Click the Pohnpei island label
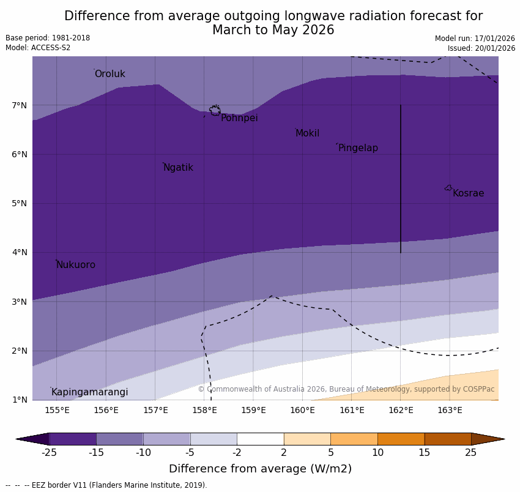pyautogui.click(x=239, y=118)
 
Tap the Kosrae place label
pyautogui.click(x=468, y=193)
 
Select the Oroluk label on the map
pyautogui.click(x=110, y=74)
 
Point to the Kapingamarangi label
pyautogui.click(x=89, y=392)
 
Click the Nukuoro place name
pyautogui.click(x=75, y=265)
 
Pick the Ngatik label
pyautogui.click(x=178, y=168)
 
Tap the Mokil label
pyautogui.click(x=307, y=133)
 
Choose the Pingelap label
pyautogui.click(x=358, y=148)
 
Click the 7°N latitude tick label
pyautogui.click(x=19, y=105)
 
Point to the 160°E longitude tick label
pyautogui.click(x=302, y=410)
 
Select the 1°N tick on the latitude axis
pyautogui.click(x=19, y=400)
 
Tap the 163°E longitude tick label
pyautogui.click(x=450, y=410)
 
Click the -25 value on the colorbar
pyautogui.click(x=49, y=453)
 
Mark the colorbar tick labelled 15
pyautogui.click(x=425, y=453)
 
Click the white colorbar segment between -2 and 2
pyautogui.click(x=260, y=439)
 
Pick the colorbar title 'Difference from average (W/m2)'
pyautogui.click(x=260, y=469)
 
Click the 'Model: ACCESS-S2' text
pyautogui.click(x=38, y=48)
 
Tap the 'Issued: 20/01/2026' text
pyautogui.click(x=481, y=48)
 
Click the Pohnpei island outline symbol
pyautogui.click(x=215, y=110)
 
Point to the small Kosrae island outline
pyautogui.click(x=448, y=188)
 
